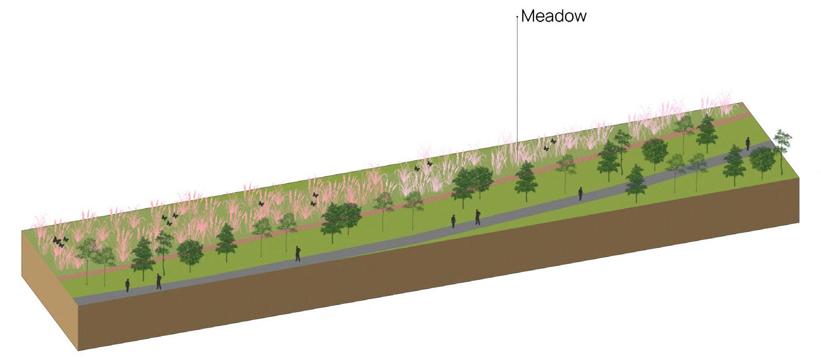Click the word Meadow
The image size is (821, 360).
coord(554,16)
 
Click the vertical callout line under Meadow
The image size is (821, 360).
coord(517,77)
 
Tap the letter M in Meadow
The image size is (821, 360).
coord(528,16)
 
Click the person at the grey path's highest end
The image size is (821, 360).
coord(748,143)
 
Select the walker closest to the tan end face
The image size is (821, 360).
coord(128,285)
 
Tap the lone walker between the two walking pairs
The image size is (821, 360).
coord(298,253)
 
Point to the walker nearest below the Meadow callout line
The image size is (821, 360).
coord(580,193)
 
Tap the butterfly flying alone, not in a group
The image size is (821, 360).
coord(261,203)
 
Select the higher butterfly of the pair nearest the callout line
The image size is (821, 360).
coord(554,141)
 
